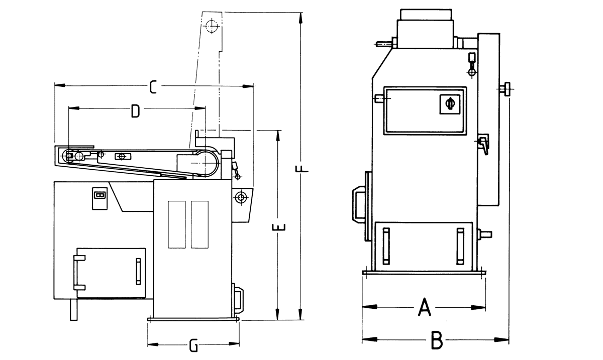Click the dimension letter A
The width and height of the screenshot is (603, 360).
coord(425,306)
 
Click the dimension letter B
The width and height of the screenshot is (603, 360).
coord(437,340)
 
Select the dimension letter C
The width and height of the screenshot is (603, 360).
coord(153,87)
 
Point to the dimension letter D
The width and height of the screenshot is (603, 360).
coord(135,111)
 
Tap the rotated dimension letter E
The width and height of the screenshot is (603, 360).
coord(279,227)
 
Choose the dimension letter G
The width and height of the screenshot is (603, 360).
coord(193,345)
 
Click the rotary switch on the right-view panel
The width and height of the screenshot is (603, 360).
coord(450,104)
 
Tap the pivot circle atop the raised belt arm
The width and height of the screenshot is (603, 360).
coord(212,26)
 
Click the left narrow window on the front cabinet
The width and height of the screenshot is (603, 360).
coord(177,224)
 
